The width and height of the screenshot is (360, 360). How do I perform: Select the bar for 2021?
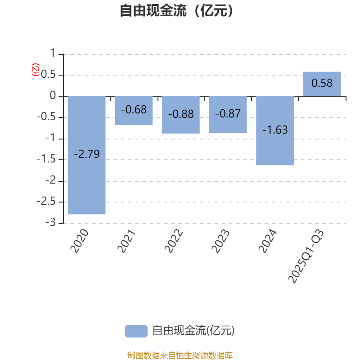pos(134,118)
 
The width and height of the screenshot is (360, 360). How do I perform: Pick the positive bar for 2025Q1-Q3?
pos(322,76)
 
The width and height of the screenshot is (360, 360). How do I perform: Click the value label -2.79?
pos(87,154)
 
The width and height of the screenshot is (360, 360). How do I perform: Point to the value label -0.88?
pos(181,114)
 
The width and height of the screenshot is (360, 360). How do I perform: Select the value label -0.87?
pos(228,114)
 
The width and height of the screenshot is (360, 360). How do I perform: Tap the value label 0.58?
pos(322,83)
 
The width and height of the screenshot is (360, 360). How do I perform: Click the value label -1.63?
pos(275,130)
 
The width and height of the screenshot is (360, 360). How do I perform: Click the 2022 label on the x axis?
pos(174,241)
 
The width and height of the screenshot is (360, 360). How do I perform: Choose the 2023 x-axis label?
pos(220,241)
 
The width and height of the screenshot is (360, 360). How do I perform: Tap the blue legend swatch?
pos(136,331)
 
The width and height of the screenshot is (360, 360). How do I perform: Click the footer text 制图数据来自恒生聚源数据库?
pos(180,355)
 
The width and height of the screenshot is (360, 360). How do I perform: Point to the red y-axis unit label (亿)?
pos(36,70)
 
